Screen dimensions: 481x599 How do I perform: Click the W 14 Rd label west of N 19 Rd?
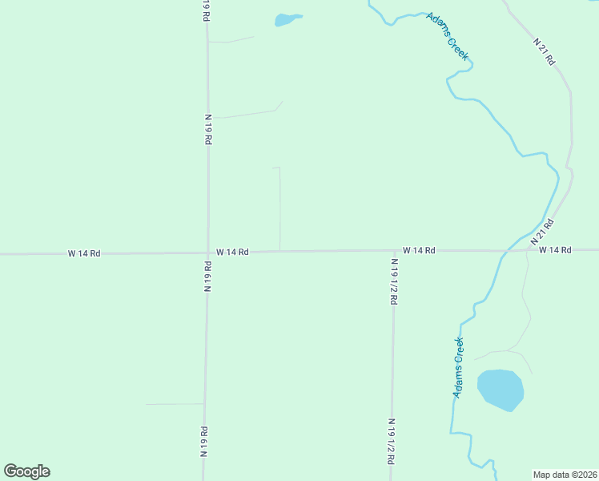pyautogui.click(x=84, y=253)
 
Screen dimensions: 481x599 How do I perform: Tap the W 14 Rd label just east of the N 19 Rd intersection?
pyautogui.click(x=232, y=252)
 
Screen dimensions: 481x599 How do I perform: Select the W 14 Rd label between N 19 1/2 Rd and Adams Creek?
pyautogui.click(x=419, y=250)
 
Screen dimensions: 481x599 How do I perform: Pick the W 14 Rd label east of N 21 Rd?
pyautogui.click(x=555, y=250)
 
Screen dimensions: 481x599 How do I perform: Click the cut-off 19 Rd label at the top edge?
pyautogui.click(x=206, y=9)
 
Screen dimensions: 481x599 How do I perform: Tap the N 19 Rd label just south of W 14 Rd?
pyautogui.click(x=207, y=277)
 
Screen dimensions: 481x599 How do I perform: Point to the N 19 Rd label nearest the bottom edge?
pyautogui.click(x=205, y=440)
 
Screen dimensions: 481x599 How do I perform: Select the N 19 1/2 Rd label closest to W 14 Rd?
pyautogui.click(x=394, y=281)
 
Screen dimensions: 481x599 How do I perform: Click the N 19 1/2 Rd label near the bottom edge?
pyautogui.click(x=392, y=441)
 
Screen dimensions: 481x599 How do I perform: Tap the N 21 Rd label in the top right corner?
pyautogui.click(x=545, y=51)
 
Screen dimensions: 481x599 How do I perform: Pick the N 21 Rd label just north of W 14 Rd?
pyautogui.click(x=542, y=231)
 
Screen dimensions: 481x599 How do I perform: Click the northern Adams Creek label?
pyautogui.click(x=448, y=37)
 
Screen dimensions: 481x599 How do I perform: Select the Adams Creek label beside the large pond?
pyautogui.click(x=458, y=368)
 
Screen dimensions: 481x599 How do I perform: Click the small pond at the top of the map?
pyautogui.click(x=286, y=20)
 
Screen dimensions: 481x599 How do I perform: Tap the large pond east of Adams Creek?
pyautogui.click(x=501, y=390)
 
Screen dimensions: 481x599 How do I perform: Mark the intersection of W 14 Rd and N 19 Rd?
pyautogui.click(x=208, y=253)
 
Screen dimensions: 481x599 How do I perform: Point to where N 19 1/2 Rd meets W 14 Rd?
pyautogui.click(x=393, y=251)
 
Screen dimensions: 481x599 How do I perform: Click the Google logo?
pyautogui.click(x=26, y=471)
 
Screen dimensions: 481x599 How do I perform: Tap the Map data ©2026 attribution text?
pyautogui.click(x=565, y=474)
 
